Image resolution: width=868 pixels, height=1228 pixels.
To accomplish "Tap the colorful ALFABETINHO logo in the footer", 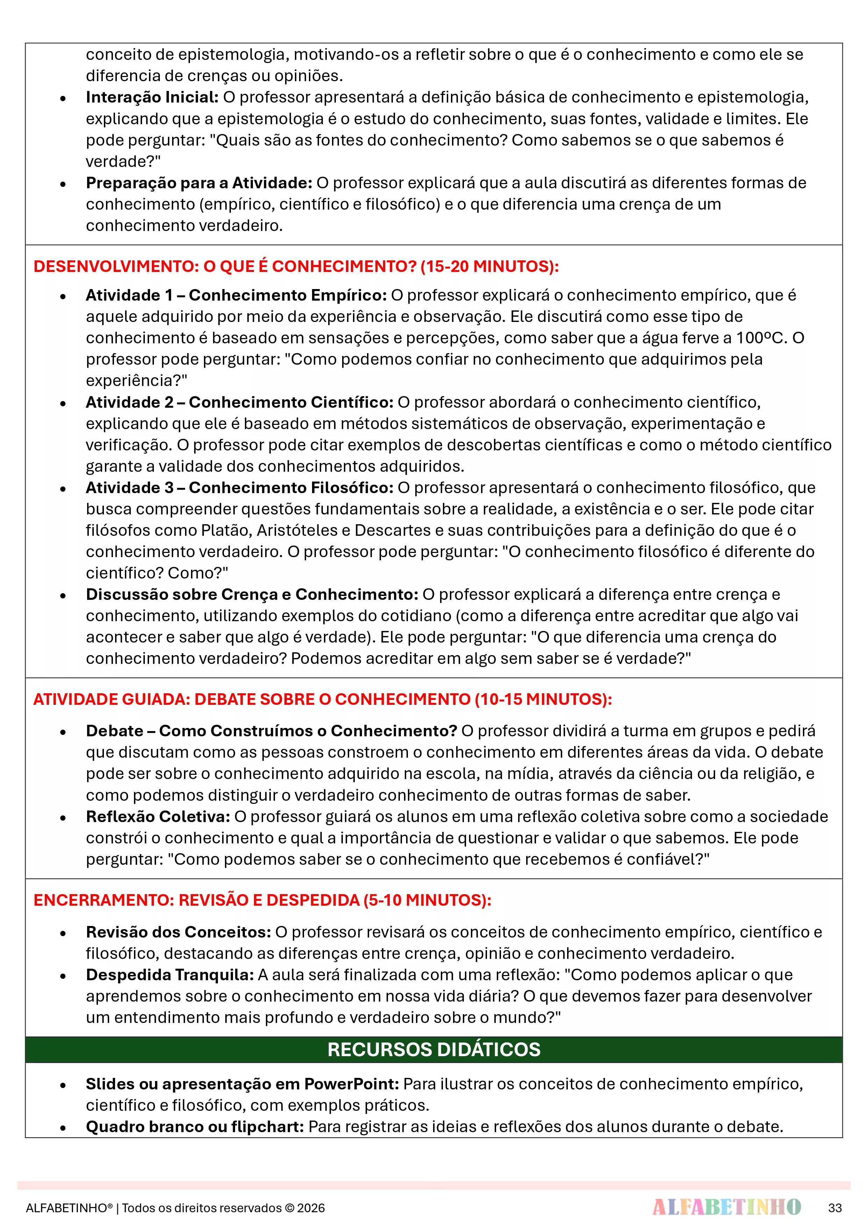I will [726, 1207].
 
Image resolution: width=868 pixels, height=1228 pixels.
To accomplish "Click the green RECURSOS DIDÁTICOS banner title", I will [434, 1050].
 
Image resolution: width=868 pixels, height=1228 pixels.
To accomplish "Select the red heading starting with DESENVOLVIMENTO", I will [296, 266].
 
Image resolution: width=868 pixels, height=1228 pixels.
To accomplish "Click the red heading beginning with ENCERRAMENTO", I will [262, 900].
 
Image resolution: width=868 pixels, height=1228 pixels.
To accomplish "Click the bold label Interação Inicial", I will [152, 97].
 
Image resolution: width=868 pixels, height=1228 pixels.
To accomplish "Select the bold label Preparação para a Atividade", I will [199, 183].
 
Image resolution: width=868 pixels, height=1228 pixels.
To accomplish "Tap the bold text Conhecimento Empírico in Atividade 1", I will [287, 295].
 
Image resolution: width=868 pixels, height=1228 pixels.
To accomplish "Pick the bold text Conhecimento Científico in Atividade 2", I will [291, 402].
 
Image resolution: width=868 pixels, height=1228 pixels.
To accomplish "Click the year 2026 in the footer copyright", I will [311, 1208].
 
